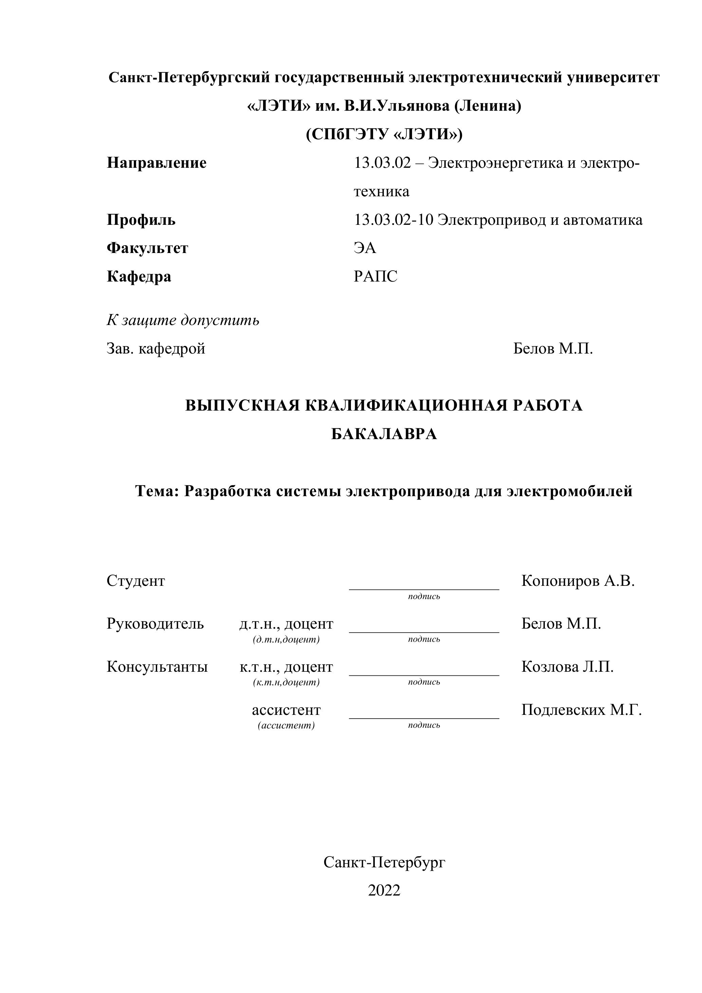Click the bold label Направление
coord(156,163)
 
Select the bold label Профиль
coord(141,220)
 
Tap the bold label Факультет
coord(147,248)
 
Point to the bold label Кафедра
coord(139,276)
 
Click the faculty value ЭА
coord(365,248)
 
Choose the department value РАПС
coord(375,276)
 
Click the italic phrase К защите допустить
coord(183,321)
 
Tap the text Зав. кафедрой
coord(155,348)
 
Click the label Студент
coord(136,581)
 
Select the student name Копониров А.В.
coord(577,581)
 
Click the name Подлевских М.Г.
coord(581,710)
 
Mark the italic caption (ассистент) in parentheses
coord(286,725)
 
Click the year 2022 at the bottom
coord(384,890)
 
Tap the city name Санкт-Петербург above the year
coord(384,862)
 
